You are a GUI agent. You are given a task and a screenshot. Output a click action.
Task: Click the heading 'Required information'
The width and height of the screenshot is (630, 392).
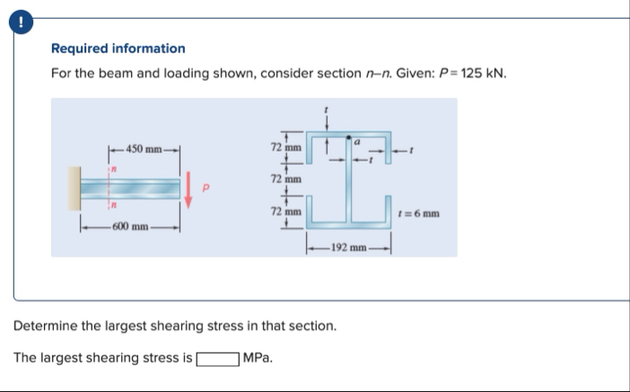(x=118, y=48)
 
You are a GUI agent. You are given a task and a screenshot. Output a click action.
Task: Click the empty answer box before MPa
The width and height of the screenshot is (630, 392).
(x=216, y=358)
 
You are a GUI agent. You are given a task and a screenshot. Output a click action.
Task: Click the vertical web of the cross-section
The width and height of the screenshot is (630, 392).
(x=347, y=184)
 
